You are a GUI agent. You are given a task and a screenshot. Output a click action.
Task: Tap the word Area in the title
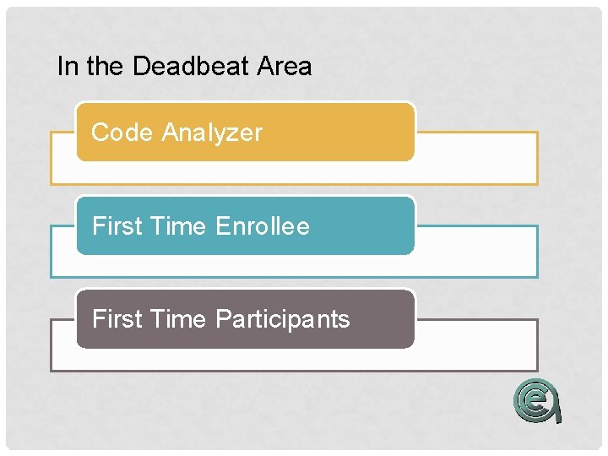tap(285, 67)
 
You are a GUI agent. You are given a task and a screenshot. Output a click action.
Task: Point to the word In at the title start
tap(65, 67)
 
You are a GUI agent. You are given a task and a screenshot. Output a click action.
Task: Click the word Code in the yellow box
tap(122, 133)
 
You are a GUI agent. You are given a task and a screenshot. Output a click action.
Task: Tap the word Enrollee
tap(263, 226)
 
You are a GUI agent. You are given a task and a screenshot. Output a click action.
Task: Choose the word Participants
tap(283, 319)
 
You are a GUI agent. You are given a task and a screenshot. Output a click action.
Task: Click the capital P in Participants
tap(224, 319)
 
